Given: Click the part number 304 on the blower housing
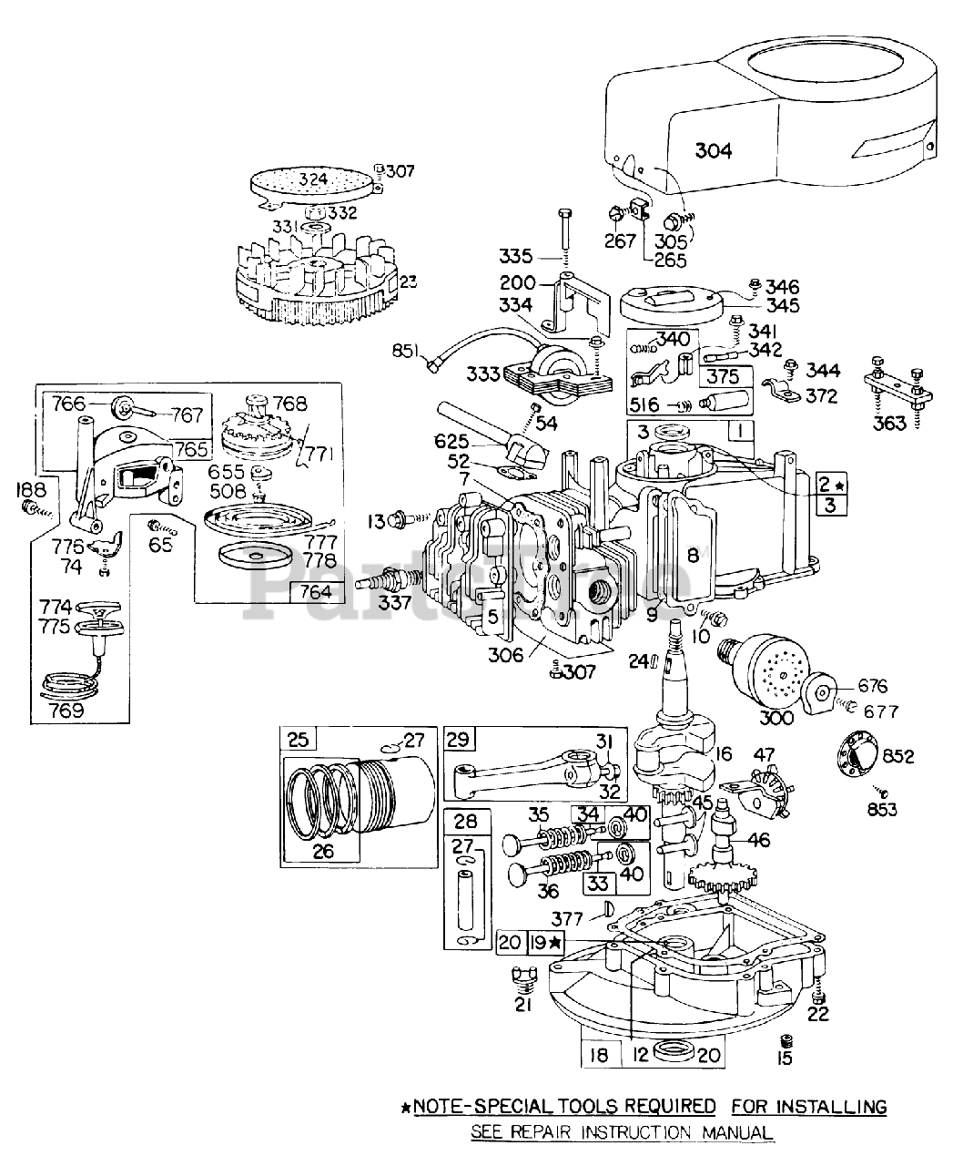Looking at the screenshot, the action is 714,150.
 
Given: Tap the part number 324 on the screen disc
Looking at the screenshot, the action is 313,179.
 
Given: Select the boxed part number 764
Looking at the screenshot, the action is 316,591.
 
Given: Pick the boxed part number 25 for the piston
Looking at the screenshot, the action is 299,739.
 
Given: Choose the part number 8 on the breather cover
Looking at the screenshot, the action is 693,555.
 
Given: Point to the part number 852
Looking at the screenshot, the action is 898,756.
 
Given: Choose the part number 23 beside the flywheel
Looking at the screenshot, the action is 408,281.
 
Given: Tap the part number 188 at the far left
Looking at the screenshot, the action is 32,489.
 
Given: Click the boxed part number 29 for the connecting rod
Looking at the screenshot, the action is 458,739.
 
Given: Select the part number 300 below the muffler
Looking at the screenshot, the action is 776,718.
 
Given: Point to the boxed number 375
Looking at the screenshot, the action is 724,376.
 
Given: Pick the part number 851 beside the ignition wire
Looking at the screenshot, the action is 407,351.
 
